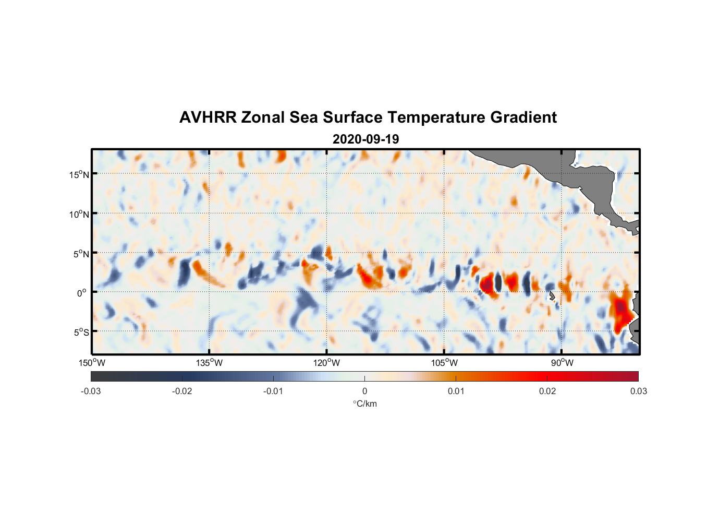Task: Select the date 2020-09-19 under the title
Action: click(x=365, y=139)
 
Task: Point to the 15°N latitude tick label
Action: click(x=79, y=174)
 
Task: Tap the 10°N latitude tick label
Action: click(x=79, y=214)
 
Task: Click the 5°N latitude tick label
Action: click(x=81, y=254)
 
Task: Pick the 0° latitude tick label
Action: click(x=82, y=293)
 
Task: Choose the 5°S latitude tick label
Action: click(x=81, y=332)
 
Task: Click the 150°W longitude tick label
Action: click(x=92, y=363)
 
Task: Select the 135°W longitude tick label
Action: click(x=210, y=363)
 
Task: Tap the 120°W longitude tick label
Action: click(x=327, y=363)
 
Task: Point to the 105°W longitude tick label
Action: click(x=444, y=363)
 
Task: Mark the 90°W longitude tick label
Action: click(x=562, y=363)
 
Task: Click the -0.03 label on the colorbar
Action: click(x=91, y=391)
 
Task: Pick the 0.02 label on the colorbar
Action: click(x=547, y=391)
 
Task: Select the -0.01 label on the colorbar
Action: click(x=273, y=391)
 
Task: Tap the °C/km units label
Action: click(x=365, y=404)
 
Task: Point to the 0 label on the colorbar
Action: click(x=364, y=391)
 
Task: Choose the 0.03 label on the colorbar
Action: click(x=638, y=391)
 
